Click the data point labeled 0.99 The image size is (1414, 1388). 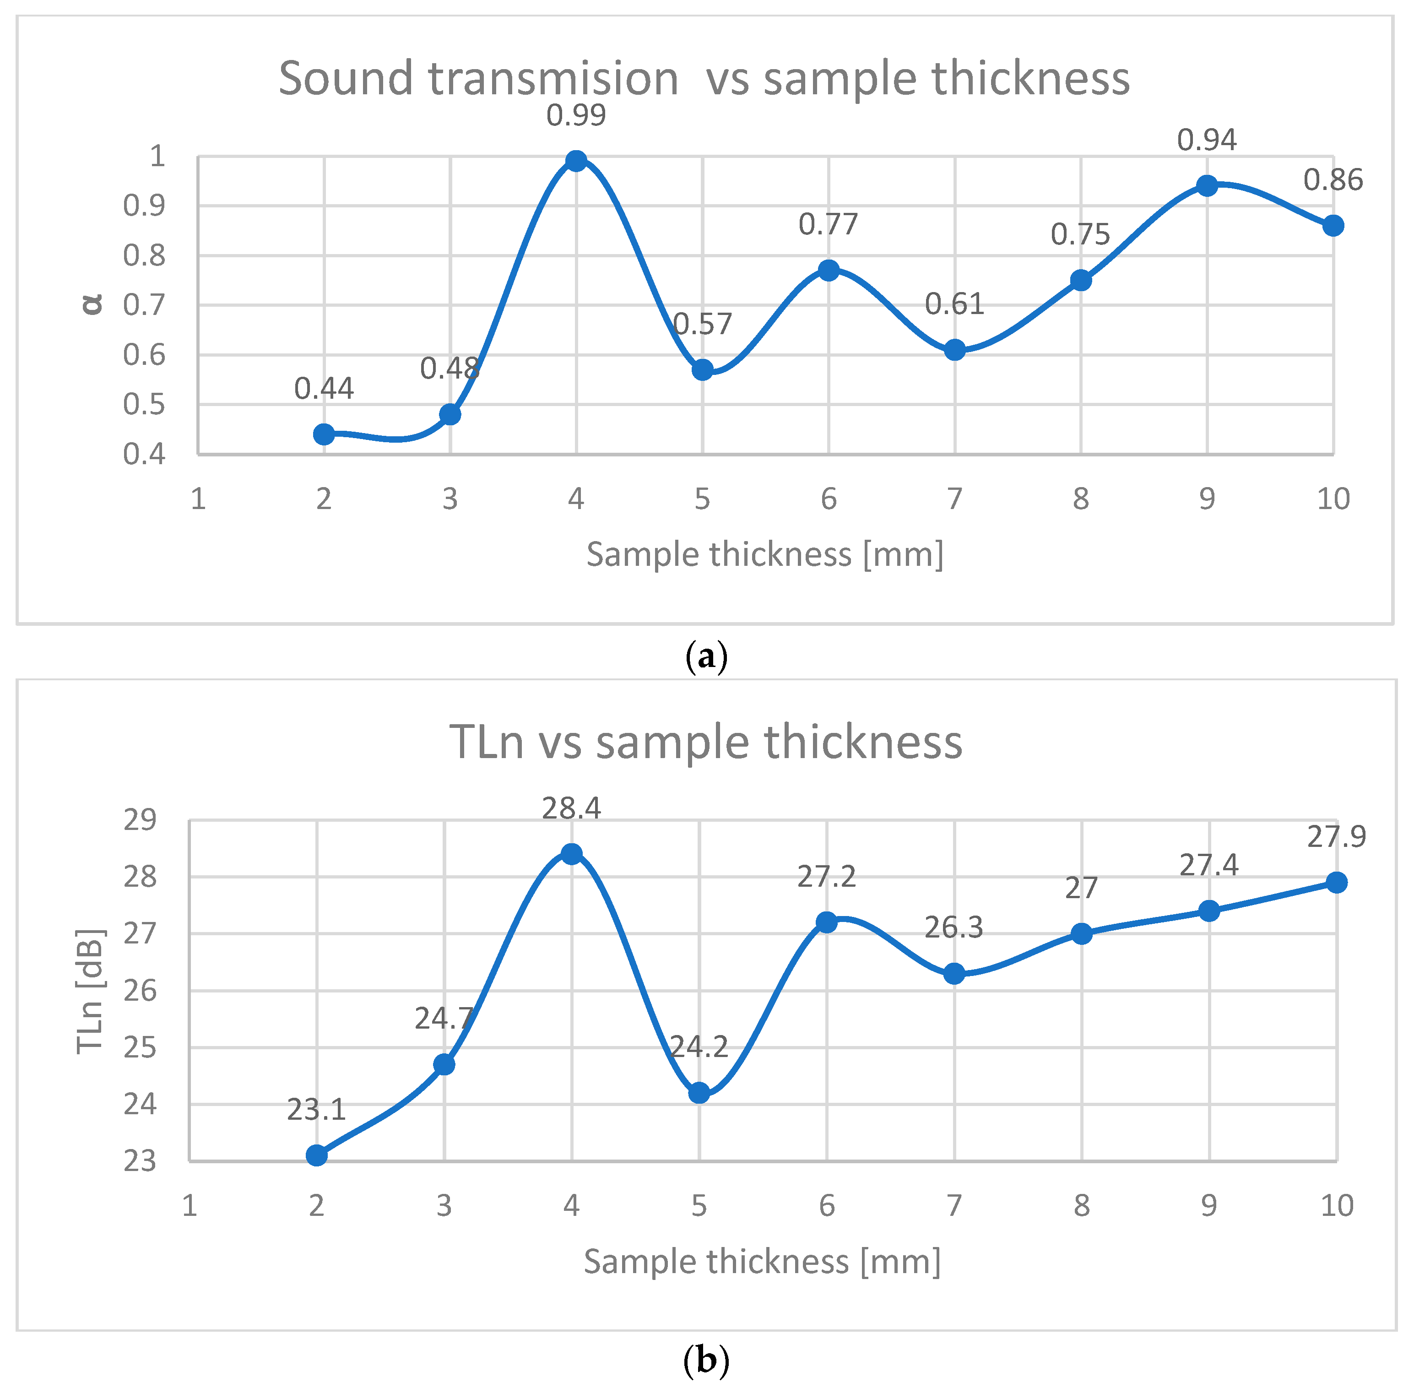click(576, 160)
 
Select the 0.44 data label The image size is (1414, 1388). click(324, 389)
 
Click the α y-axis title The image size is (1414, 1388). click(92, 303)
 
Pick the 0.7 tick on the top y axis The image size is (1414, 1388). click(144, 305)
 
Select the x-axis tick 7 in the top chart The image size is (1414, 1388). click(954, 499)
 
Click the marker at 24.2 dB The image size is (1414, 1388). click(698, 1093)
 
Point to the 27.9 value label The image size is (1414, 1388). click(1336, 836)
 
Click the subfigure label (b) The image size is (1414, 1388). click(706, 1360)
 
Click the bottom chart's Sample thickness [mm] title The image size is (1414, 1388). click(762, 1261)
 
